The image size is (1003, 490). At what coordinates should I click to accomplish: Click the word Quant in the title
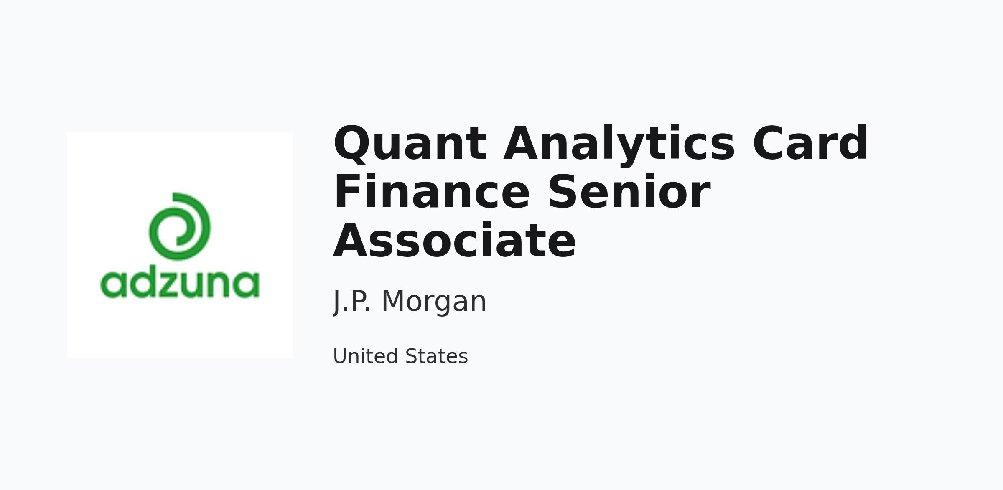tap(410, 143)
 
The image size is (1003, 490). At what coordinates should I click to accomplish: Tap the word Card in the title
tap(810, 143)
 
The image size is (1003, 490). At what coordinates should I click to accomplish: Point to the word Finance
tap(432, 192)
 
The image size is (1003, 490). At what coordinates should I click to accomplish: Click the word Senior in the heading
tap(629, 192)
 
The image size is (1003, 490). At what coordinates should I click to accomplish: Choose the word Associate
tap(455, 241)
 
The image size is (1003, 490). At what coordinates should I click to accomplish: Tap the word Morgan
tap(434, 302)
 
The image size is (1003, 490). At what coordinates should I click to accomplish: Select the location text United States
tap(400, 356)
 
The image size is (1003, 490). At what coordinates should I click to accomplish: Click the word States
tap(436, 356)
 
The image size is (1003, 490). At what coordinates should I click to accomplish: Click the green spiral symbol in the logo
tap(180, 226)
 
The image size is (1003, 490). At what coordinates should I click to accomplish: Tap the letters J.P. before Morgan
tap(351, 302)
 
